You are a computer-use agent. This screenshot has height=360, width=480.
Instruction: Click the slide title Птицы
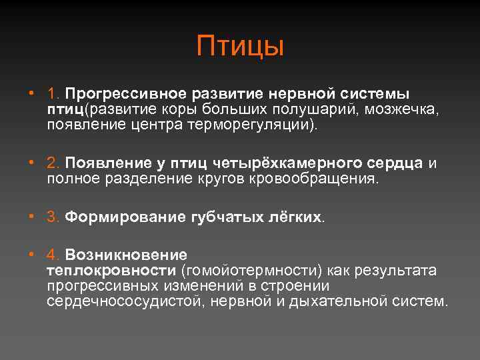point(240,47)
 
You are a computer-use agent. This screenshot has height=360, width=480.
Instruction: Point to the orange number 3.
point(53,217)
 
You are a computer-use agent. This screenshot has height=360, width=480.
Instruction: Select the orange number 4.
point(53,255)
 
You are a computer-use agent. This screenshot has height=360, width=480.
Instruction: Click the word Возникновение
point(126,255)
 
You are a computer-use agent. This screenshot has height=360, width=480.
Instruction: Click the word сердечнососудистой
point(126,301)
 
